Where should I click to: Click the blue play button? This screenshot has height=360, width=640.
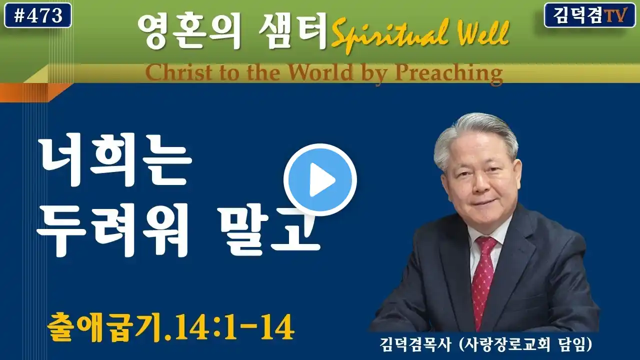tap(320, 179)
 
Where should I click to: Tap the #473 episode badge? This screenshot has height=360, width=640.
tap(38, 15)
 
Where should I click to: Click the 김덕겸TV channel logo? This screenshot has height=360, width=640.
tap(590, 15)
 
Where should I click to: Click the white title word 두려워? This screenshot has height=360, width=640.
tap(113, 229)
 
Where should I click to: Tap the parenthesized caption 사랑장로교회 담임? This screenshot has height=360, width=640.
tap(525, 345)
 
